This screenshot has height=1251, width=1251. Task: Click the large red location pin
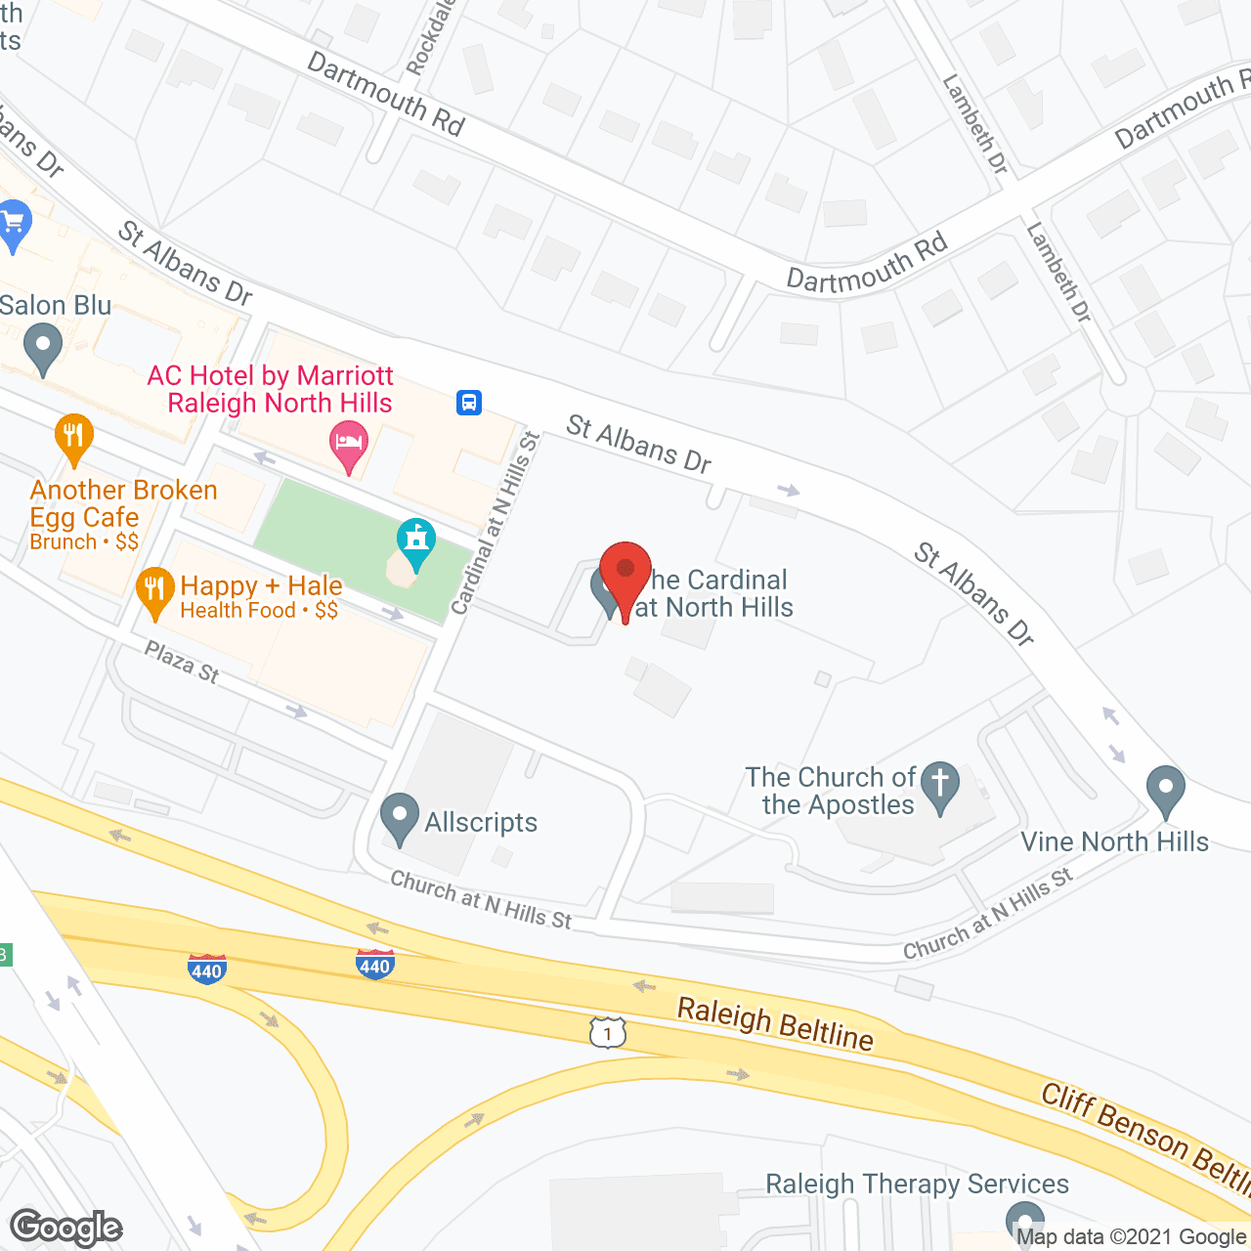click(625, 577)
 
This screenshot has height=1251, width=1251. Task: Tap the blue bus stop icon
click(469, 402)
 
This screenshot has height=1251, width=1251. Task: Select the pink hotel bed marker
click(349, 445)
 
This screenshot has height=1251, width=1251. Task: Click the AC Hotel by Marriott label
click(271, 389)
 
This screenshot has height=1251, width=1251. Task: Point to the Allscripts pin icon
click(399, 819)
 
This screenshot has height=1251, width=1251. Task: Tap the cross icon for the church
click(940, 786)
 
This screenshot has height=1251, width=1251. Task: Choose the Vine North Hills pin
click(1165, 791)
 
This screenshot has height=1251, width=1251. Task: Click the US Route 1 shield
click(607, 1032)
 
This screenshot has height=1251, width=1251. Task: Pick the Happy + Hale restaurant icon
click(154, 592)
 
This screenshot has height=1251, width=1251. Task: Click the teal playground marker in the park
click(416, 543)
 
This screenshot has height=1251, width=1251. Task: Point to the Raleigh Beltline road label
click(775, 1023)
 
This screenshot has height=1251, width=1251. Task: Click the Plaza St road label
click(182, 662)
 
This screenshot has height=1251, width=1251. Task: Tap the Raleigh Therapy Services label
click(917, 1184)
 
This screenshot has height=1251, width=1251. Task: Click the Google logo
click(66, 1228)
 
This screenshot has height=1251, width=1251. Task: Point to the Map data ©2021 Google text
click(1132, 1237)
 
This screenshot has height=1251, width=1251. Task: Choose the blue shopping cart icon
click(14, 225)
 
